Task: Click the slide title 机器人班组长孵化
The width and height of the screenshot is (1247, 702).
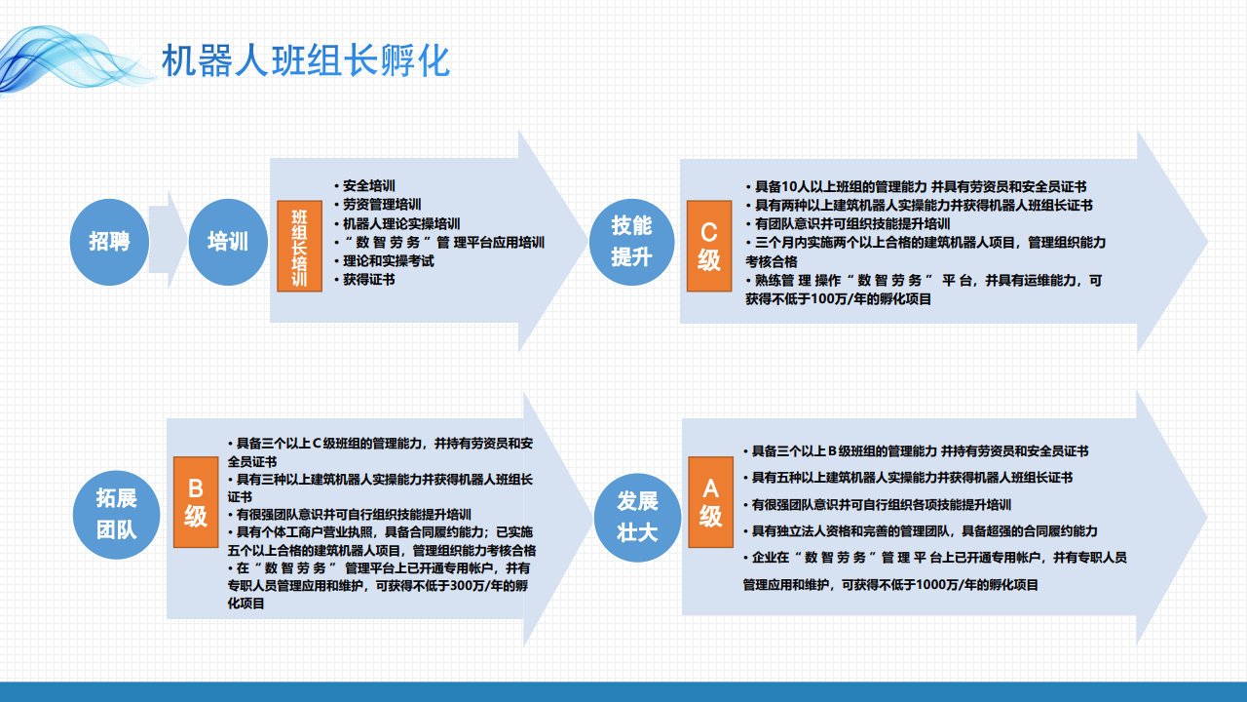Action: point(306,60)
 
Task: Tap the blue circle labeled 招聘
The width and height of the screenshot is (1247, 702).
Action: point(109,242)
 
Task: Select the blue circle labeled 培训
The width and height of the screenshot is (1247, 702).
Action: point(228,242)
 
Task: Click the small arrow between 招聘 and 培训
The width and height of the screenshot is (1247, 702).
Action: point(169,240)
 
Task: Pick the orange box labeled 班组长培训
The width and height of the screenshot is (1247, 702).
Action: point(299,246)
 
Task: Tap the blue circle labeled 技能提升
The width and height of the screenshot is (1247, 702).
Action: point(632,242)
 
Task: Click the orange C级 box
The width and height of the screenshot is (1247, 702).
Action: point(709,246)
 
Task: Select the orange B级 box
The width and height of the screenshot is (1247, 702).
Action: point(196,502)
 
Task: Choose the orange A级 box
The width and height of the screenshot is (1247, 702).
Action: point(711,502)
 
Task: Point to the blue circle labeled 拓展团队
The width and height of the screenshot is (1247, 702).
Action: point(116,514)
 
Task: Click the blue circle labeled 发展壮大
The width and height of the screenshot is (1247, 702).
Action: point(637,517)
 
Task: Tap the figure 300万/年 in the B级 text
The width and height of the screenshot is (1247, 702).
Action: point(477,586)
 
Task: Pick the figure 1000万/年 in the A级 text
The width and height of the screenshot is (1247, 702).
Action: point(948,584)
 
